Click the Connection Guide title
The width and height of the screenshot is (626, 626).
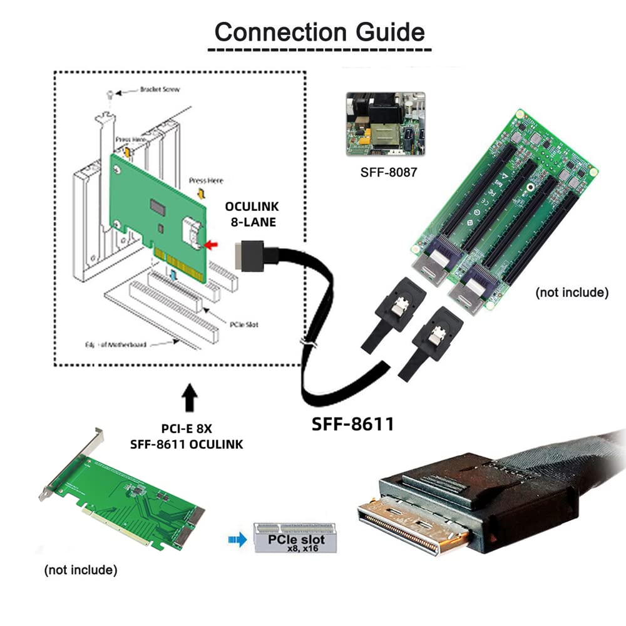tap(319, 31)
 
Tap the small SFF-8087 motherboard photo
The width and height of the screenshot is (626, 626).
tap(385, 123)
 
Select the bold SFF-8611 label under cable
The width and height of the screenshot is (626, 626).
tap(353, 424)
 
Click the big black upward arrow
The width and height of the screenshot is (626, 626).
tap(190, 398)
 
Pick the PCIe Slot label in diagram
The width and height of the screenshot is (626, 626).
tap(244, 324)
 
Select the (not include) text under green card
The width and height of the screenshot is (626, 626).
tap(81, 570)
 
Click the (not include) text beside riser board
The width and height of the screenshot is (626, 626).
tap(572, 292)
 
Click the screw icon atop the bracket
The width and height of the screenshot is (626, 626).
tap(110, 93)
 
